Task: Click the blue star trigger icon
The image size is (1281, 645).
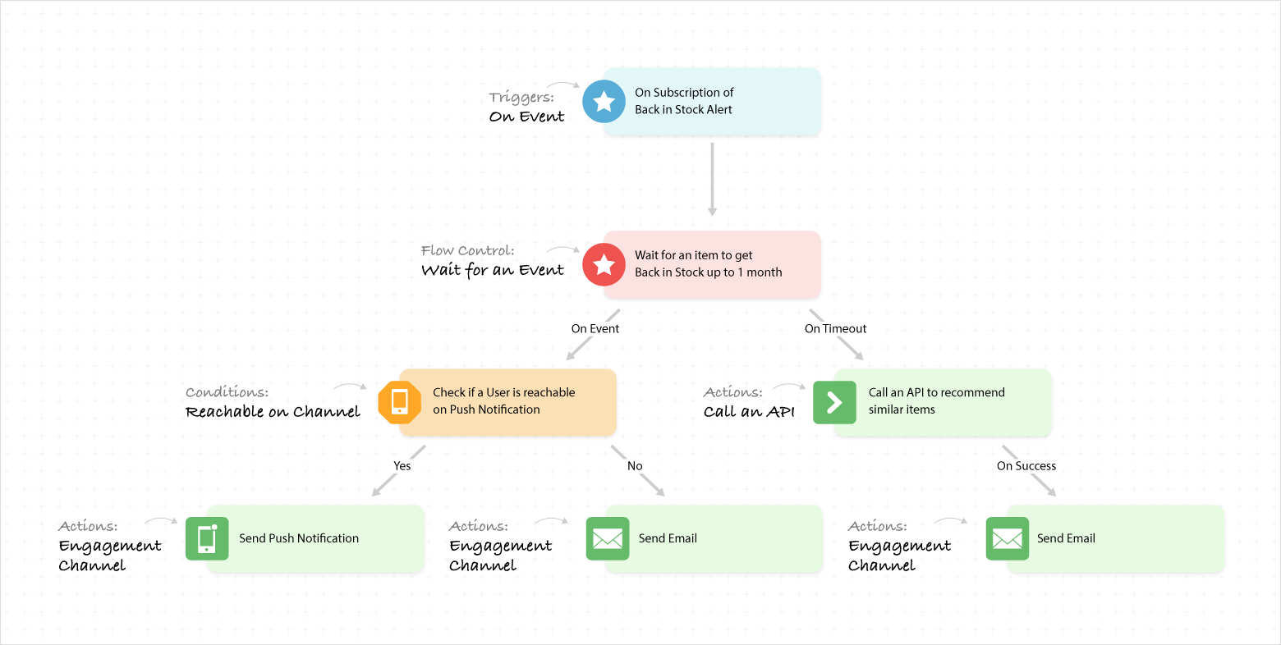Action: coord(604,102)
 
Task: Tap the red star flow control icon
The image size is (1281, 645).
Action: coord(604,264)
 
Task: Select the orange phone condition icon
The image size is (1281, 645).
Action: coord(400,402)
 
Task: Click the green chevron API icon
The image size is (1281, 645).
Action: coord(834,402)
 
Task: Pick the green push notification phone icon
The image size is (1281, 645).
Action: coord(207,539)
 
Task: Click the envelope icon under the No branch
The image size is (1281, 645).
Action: coord(608,539)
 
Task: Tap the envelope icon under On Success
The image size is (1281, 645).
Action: coord(1007,539)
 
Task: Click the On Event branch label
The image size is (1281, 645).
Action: coord(595,329)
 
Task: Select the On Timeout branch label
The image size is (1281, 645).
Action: coord(835,329)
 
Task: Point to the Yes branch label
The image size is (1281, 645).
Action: coord(402,466)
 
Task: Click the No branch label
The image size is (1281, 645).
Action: coord(635,466)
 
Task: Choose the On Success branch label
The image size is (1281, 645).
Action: coord(1026,466)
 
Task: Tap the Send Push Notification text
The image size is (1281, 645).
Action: coord(299,538)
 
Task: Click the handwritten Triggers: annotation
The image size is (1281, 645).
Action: coord(521,98)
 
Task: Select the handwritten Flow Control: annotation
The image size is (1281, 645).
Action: coord(468,250)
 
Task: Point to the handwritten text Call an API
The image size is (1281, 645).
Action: coord(749,412)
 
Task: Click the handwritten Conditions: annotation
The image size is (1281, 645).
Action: coord(227,392)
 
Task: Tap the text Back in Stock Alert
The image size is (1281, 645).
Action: coord(683,110)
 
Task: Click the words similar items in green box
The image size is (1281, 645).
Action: coord(902,409)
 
